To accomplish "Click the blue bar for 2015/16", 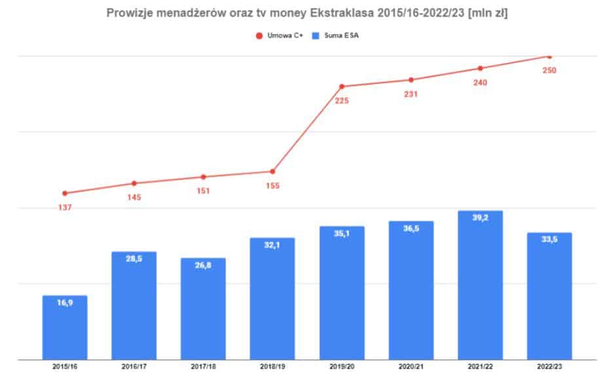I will coord(65,327).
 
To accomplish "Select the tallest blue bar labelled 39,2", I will coord(480,285).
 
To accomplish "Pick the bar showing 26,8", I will coord(203,308).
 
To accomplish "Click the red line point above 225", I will coord(342,86).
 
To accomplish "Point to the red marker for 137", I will coord(65,193).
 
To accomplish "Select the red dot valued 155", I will coord(272,172).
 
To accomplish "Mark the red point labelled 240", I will coord(480,68).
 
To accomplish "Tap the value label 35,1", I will coord(342,233).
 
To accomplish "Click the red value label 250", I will coord(549,70).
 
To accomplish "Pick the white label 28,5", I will coord(134,259).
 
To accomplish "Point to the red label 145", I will coord(134,197).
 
